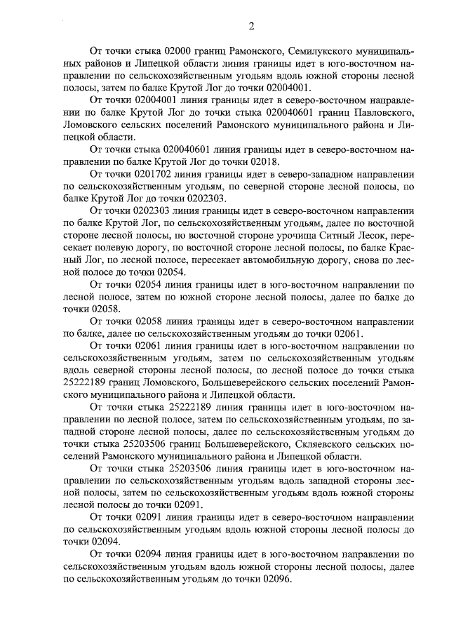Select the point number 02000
(177, 51)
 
